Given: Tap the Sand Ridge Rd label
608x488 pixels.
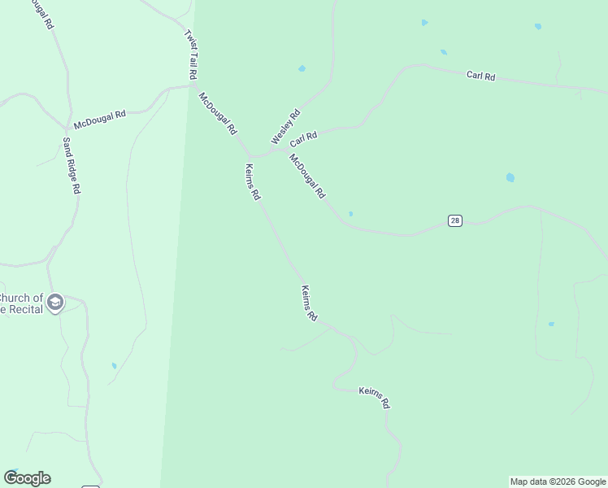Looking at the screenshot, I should click(72, 165).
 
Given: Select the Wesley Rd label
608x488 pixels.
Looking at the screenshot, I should click(285, 127).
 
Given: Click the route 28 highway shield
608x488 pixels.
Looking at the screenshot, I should click(455, 221).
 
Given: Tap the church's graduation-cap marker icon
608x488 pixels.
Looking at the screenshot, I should click(55, 303).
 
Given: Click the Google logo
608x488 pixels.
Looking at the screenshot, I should click(27, 478).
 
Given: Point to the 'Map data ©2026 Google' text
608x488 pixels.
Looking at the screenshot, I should click(558, 481).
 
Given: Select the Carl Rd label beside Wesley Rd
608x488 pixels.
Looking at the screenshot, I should click(303, 140).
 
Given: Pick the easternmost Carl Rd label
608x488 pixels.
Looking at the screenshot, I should click(480, 76).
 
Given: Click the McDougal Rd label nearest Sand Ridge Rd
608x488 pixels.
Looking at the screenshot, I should click(99, 120).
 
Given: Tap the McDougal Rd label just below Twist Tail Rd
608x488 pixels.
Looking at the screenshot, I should click(218, 113).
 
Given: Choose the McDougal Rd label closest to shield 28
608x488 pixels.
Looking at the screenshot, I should click(307, 176).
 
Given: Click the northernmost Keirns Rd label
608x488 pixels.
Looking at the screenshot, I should click(253, 182).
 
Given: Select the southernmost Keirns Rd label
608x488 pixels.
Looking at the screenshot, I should click(374, 398).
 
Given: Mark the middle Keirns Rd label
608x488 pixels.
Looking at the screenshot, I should click(309, 303).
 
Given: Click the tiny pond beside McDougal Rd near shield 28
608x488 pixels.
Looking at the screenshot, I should click(350, 214).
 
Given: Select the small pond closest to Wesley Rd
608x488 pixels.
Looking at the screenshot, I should click(302, 68).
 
